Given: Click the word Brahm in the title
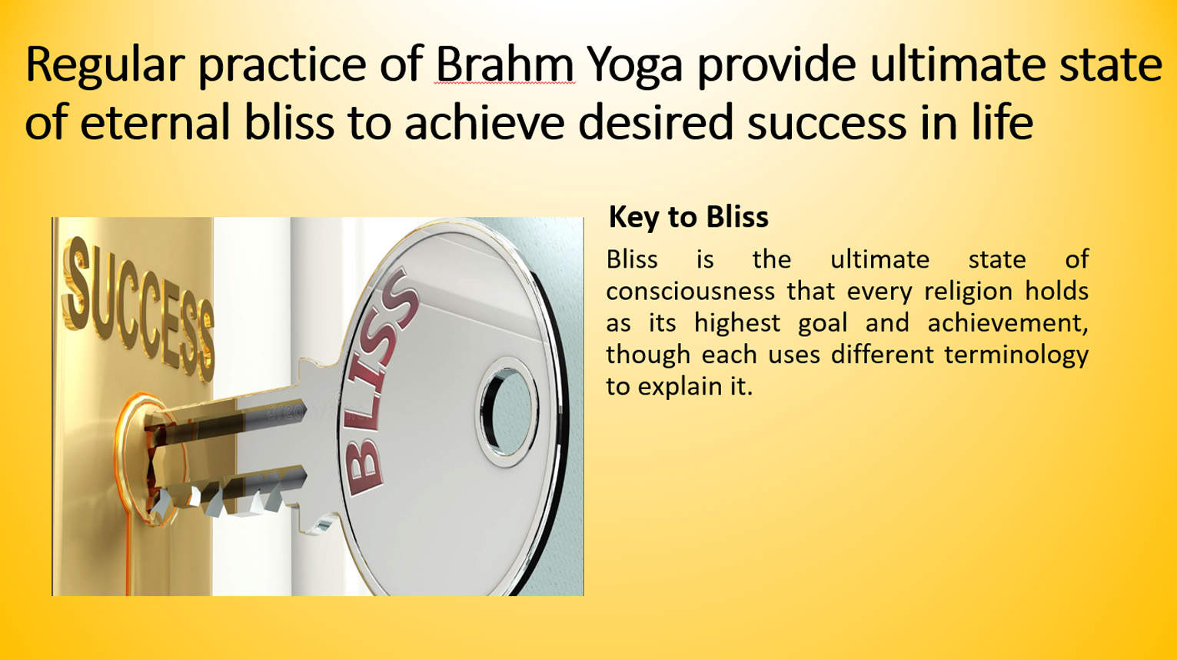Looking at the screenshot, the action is tap(504, 64).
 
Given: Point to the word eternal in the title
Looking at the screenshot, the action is tap(155, 122).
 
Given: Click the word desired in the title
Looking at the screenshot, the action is tap(655, 122).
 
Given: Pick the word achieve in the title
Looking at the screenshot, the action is tap(484, 122).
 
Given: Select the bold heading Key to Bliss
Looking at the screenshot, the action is tap(688, 217).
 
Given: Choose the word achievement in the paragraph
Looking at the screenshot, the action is tap(1007, 323).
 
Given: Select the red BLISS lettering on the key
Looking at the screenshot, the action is tap(379, 382).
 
